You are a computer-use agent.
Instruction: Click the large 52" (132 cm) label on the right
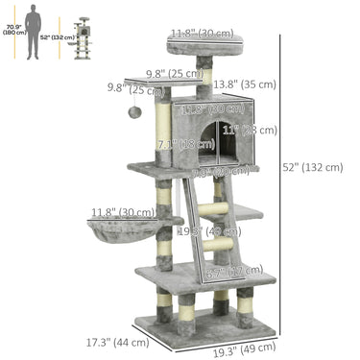click(314, 167)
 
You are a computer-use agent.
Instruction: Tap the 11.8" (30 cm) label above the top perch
click(202, 34)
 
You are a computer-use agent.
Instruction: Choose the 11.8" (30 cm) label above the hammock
click(122, 212)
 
